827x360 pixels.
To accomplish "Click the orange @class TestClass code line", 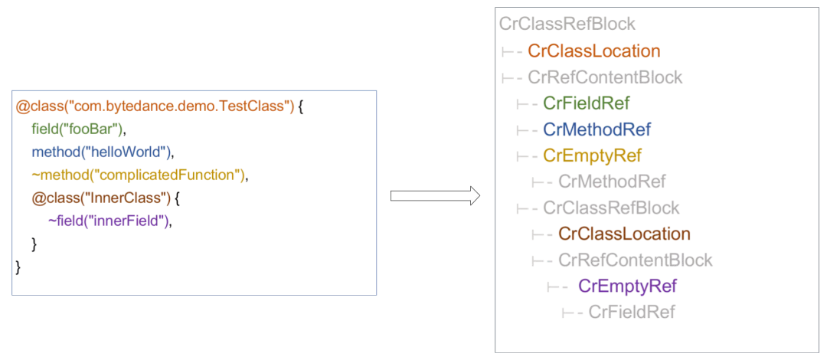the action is (x=159, y=107).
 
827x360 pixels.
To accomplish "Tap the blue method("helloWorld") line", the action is (x=103, y=152).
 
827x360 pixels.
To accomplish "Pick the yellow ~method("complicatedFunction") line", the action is (x=140, y=175).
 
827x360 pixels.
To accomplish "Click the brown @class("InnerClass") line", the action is (x=106, y=198).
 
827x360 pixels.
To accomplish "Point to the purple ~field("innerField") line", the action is (x=111, y=221).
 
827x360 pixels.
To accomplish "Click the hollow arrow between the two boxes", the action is (x=435, y=196).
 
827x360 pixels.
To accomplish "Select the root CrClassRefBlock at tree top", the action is (x=567, y=25).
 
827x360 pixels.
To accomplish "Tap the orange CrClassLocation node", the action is (x=594, y=51).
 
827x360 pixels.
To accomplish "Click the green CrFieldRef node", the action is (x=586, y=103).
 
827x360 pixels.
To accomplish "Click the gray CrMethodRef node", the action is (x=612, y=182).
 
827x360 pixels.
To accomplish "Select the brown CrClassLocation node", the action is (x=625, y=234).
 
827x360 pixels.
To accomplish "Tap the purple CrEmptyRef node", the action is (x=627, y=286).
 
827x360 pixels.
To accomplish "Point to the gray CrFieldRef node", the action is (x=632, y=312).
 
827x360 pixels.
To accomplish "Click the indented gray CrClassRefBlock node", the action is (x=611, y=208).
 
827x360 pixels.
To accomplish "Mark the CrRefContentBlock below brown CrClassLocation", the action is (x=635, y=260).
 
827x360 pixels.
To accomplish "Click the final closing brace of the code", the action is (x=18, y=267).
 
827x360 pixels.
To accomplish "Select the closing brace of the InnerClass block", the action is (x=34, y=244).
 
